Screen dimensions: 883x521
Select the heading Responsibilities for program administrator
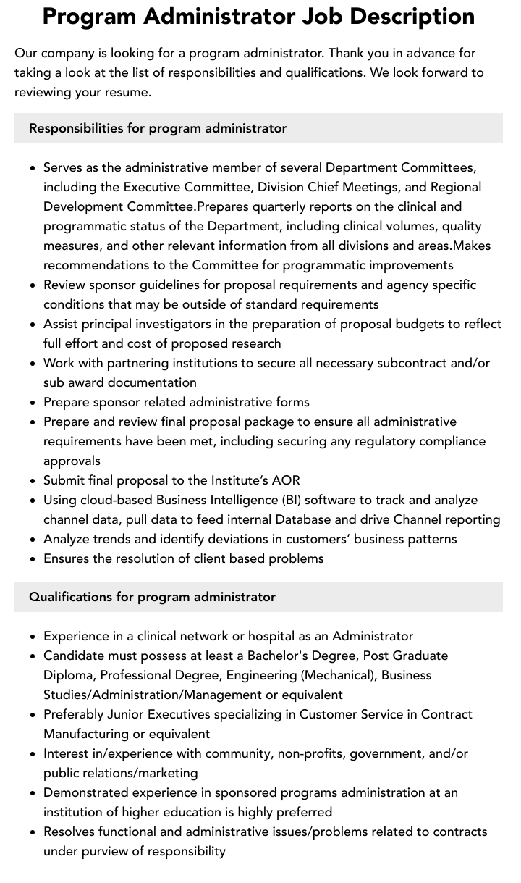pyautogui.click(x=158, y=128)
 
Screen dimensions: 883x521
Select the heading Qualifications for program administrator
pyautogui.click(x=152, y=597)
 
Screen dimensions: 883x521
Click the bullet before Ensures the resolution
pyautogui.click(x=33, y=559)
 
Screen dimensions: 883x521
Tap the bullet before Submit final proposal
pyautogui.click(x=33, y=481)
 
